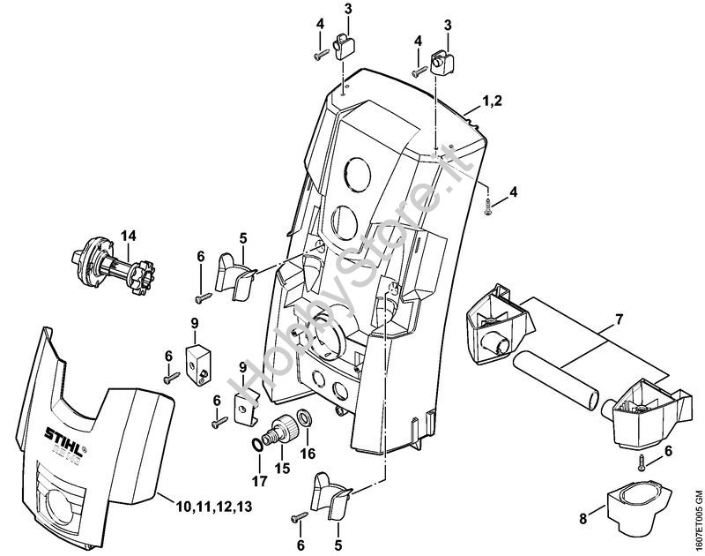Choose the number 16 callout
pyautogui.click(x=308, y=453)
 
